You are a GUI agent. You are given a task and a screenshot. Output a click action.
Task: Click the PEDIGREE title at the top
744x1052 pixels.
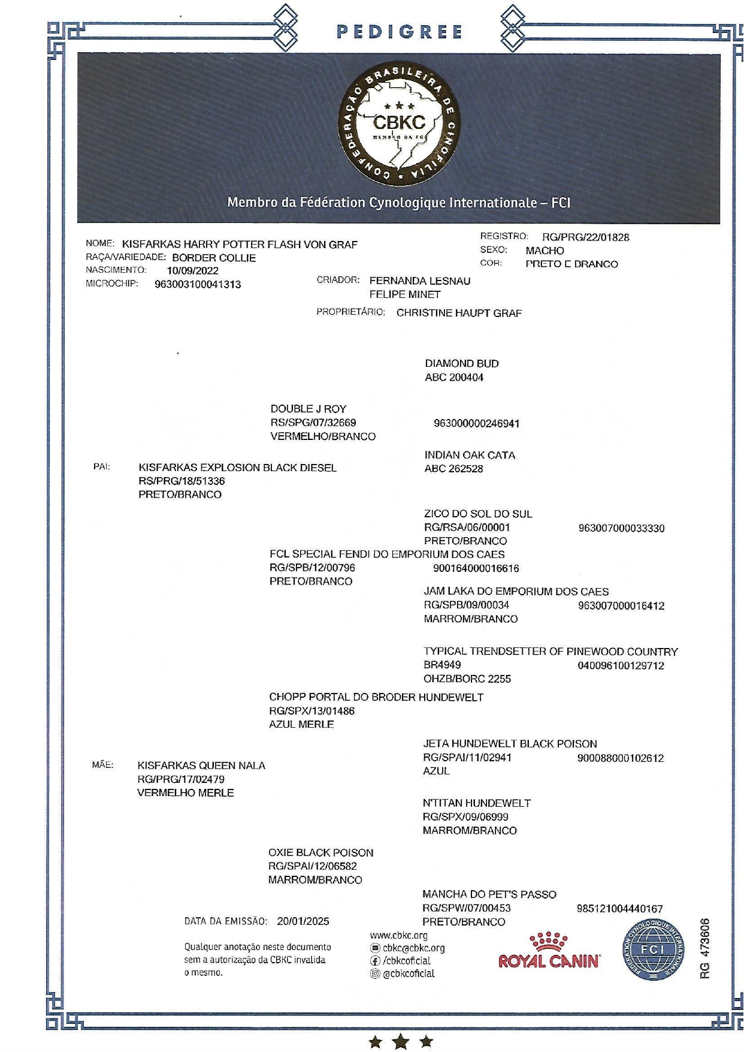400,32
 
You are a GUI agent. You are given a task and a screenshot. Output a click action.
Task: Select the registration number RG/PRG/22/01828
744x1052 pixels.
585,237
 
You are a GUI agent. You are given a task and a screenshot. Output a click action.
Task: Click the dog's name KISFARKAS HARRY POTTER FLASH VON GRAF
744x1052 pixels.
240,245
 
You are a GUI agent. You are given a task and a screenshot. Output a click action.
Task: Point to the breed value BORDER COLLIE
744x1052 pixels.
214,258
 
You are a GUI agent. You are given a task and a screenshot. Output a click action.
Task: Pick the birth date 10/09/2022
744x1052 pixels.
192,271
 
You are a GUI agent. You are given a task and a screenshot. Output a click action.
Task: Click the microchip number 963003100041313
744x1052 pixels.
198,285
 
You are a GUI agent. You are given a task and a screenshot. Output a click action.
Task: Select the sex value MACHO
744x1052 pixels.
545,251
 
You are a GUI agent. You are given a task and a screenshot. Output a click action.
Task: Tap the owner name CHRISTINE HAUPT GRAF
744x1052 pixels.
459,313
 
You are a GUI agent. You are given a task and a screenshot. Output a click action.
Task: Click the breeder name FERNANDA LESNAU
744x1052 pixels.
419,281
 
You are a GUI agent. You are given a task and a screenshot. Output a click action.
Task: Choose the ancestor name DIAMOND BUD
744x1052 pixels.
461,363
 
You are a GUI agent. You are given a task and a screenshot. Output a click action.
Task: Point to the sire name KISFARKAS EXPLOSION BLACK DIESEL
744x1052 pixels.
237,468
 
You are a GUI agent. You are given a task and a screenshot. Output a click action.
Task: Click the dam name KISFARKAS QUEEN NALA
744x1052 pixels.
201,765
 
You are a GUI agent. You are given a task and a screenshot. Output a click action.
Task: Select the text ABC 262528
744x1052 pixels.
453,469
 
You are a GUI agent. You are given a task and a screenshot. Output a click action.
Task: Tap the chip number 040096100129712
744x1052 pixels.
621,666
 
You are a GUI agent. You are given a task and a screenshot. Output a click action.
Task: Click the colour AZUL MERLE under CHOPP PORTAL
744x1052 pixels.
301,724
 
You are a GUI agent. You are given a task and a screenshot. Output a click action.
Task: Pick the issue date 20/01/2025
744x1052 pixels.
303,921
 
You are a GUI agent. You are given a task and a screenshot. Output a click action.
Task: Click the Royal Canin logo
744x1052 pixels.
549,952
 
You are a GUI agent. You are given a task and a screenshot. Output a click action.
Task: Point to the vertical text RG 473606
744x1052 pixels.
705,949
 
